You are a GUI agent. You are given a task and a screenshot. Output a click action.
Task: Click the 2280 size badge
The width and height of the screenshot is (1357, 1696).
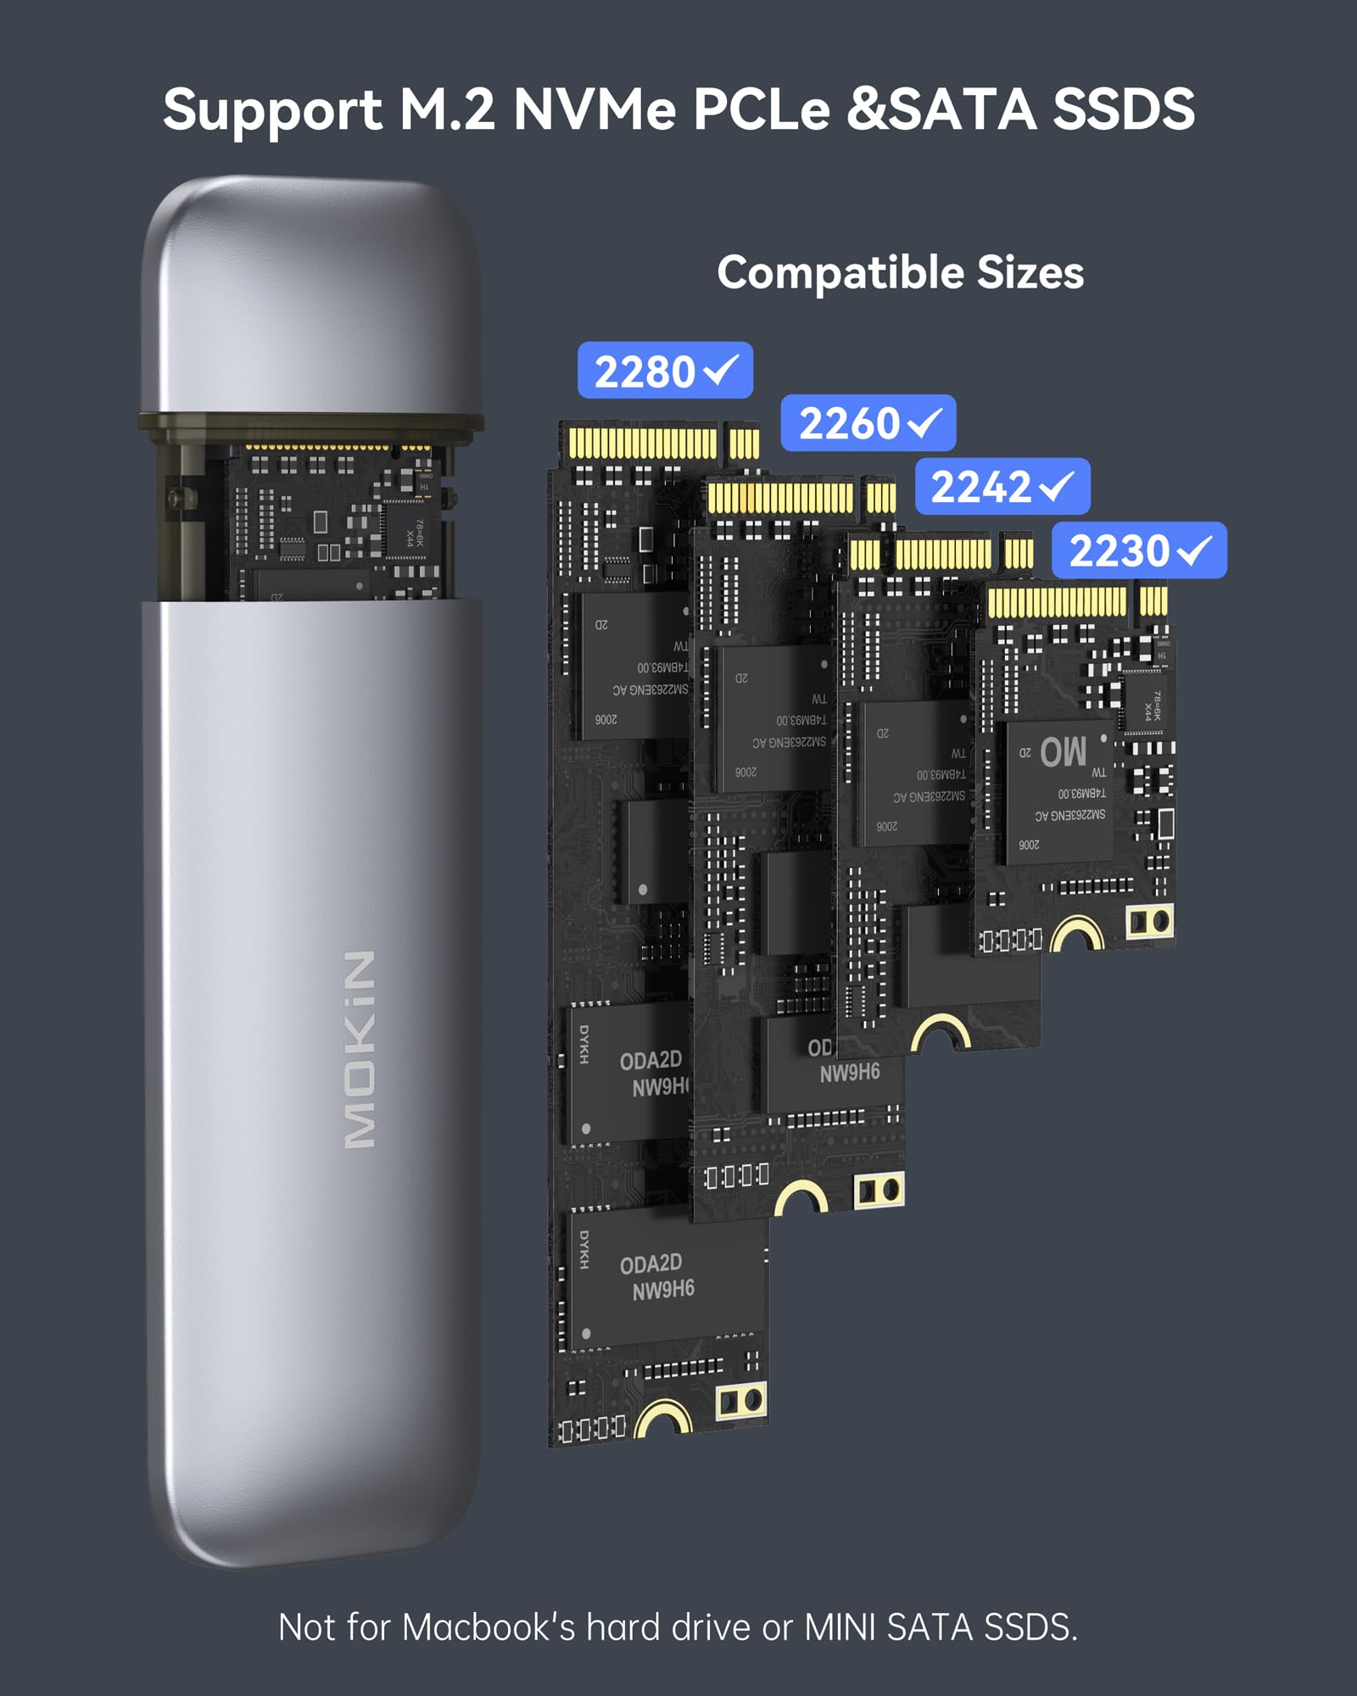(x=665, y=371)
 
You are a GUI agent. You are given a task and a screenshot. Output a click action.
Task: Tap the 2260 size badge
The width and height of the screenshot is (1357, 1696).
(x=868, y=423)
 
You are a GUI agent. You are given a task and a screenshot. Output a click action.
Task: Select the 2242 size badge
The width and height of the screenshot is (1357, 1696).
(x=1002, y=487)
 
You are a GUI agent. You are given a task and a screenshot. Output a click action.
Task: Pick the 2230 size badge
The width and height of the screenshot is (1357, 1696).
(x=1138, y=550)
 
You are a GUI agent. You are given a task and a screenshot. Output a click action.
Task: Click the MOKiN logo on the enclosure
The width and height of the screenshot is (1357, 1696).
(x=360, y=1050)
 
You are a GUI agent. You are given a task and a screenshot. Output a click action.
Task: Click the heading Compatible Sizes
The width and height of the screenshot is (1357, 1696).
(x=900, y=273)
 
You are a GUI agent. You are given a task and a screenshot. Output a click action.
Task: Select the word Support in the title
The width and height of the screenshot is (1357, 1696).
(x=272, y=110)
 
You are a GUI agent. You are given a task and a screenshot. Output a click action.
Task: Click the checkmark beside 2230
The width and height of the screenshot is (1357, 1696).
(x=1194, y=551)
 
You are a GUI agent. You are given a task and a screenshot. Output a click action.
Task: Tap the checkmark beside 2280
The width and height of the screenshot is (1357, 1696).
(x=721, y=370)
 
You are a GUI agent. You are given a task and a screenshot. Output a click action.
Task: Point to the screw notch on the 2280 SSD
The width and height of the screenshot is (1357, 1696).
(x=663, y=1419)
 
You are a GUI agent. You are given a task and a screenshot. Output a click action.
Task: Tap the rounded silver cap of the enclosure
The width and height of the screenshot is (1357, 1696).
(x=310, y=297)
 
